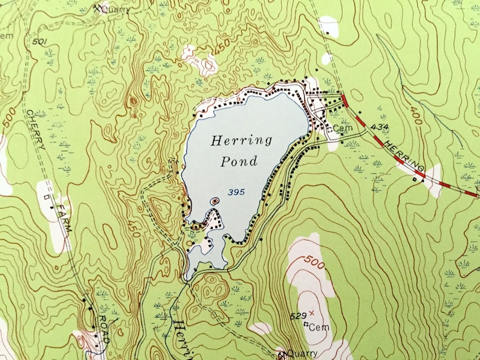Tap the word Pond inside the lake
pos(239,161)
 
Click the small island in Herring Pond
pos(213,201)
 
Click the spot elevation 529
pos(296,315)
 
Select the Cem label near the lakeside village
pos(342,128)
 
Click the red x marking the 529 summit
pos(312,313)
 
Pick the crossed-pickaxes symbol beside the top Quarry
pos(98,8)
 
